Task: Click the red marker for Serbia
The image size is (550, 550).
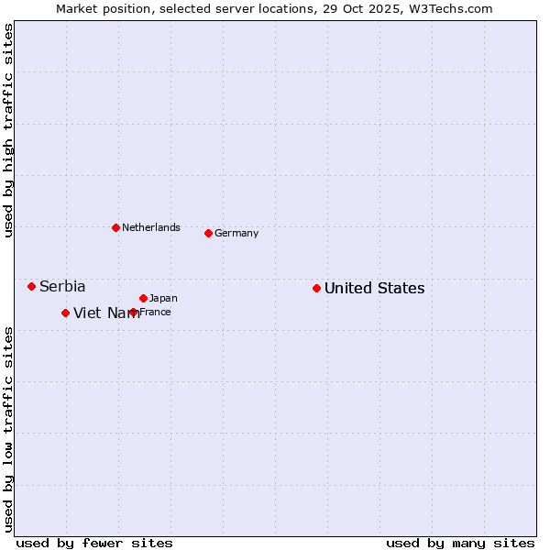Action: tap(31, 286)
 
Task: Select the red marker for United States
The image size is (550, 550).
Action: tap(316, 288)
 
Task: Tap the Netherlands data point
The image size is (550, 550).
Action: tap(115, 227)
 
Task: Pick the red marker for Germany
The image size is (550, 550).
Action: tap(208, 233)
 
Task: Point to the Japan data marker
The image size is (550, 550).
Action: tap(143, 298)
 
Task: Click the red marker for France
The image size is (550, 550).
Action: tap(134, 312)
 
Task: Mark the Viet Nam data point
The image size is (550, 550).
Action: tap(65, 313)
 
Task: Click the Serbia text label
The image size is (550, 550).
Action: tap(62, 287)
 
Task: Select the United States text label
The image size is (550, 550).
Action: tap(374, 289)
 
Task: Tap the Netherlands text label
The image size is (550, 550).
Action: tap(151, 227)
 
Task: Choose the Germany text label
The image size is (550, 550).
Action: tap(236, 233)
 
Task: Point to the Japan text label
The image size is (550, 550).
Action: tap(163, 298)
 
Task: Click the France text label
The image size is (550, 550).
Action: tap(155, 312)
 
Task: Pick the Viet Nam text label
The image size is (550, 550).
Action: tap(106, 313)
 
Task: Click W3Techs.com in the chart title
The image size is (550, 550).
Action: tap(450, 8)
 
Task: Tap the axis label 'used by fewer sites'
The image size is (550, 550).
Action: tap(94, 543)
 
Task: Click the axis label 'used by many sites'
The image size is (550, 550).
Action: tap(460, 543)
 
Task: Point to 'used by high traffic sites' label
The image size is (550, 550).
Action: tap(8, 130)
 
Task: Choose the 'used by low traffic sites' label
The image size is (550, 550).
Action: tap(8, 429)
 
